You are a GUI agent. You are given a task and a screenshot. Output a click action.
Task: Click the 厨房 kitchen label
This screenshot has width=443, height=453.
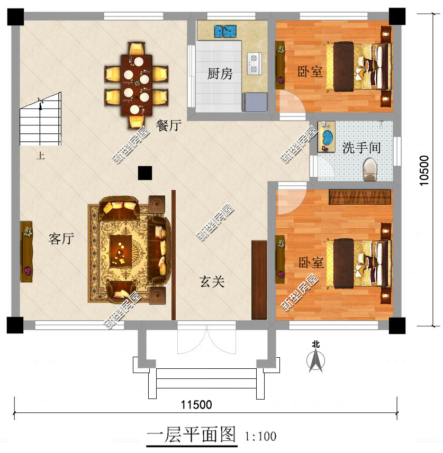(x=220, y=74)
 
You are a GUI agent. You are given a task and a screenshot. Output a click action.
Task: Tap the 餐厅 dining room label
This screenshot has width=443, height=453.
(x=169, y=125)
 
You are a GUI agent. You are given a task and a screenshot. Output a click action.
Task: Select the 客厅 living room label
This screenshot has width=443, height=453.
(x=60, y=239)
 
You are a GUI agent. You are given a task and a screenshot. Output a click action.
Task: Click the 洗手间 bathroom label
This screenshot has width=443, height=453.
(x=361, y=148)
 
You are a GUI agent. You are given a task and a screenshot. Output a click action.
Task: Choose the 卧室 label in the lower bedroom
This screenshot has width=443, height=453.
(x=310, y=263)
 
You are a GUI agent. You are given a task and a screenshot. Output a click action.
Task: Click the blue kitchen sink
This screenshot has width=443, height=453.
(x=225, y=31)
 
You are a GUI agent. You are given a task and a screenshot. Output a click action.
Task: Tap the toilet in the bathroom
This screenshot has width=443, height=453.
(x=369, y=169)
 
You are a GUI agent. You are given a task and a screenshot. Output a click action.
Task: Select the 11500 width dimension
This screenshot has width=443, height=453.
(x=196, y=405)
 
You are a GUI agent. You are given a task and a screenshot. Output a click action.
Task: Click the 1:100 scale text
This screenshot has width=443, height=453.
(x=260, y=437)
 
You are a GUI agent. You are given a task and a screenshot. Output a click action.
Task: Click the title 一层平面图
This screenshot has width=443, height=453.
(x=191, y=435)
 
